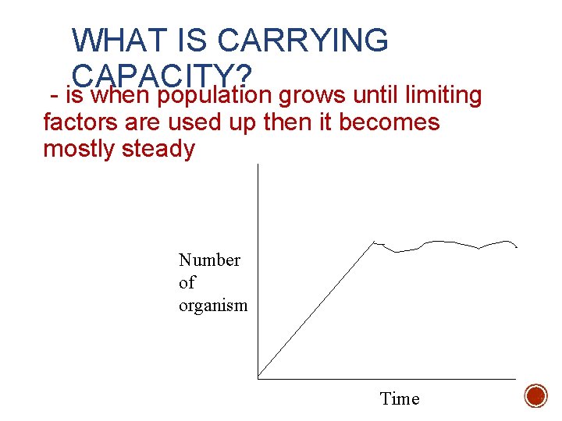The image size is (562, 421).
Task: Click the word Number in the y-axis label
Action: tap(209, 260)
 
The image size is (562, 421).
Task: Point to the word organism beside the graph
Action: tap(213, 305)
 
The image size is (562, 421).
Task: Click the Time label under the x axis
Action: tap(400, 399)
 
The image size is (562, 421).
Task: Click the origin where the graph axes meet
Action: tap(258, 378)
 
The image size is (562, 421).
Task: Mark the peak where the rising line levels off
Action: tap(375, 242)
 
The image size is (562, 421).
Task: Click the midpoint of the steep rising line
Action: tap(317, 310)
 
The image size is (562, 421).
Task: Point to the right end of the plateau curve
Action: tap(517, 247)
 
